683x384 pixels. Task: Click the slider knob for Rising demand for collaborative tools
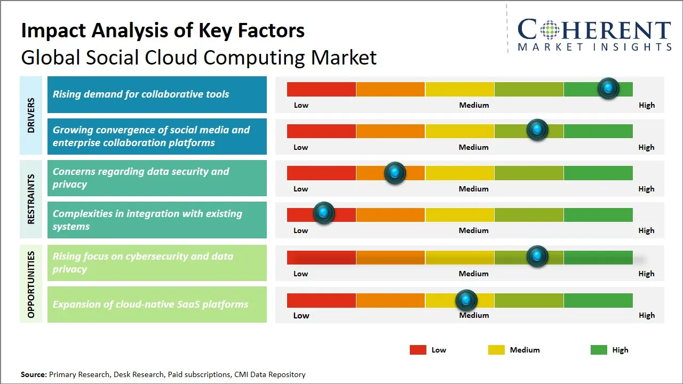(608, 88)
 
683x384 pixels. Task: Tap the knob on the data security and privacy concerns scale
(395, 173)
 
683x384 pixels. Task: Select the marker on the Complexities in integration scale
(323, 213)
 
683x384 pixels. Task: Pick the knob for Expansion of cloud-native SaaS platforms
(466, 300)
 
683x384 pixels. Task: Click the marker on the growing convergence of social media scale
(537, 130)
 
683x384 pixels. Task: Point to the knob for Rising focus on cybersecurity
(537, 257)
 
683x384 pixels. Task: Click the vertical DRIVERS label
(31, 115)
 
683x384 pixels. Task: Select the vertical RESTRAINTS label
(31, 199)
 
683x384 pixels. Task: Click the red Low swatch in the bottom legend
(418, 350)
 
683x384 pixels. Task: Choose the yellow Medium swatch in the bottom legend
(496, 350)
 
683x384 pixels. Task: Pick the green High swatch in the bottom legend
(599, 350)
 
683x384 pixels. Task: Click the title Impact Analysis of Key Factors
(163, 30)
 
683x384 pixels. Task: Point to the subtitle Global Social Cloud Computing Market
(198, 57)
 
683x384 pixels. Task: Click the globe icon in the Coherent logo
(549, 30)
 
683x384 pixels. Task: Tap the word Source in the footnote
(34, 374)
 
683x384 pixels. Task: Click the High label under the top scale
(646, 105)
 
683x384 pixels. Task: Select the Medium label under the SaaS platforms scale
(474, 315)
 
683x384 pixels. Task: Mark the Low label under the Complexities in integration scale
(300, 230)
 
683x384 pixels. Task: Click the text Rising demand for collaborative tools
(141, 94)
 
